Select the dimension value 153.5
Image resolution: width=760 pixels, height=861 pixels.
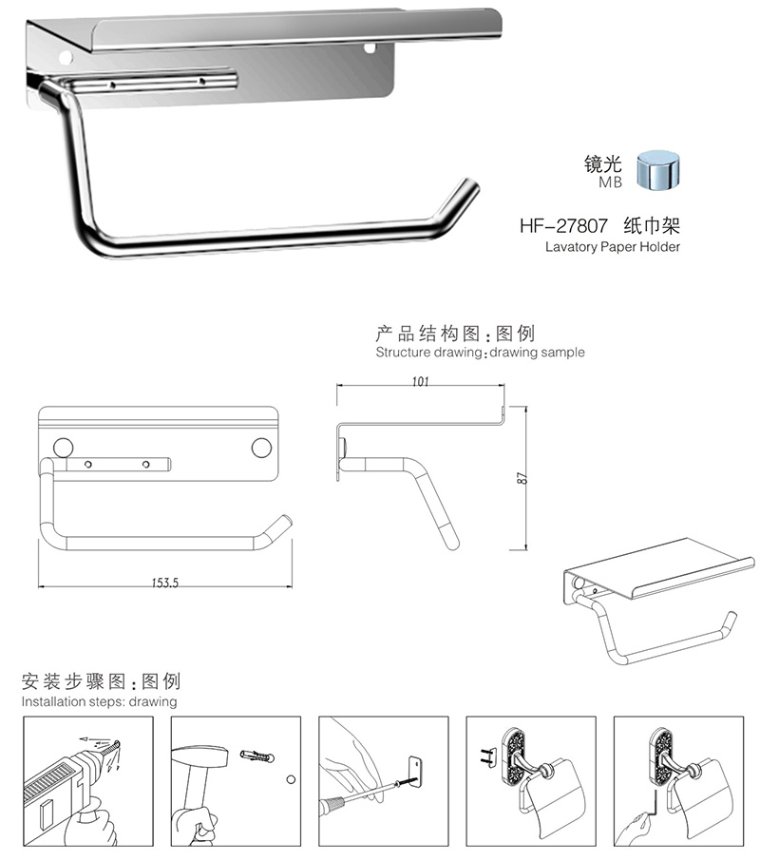[x=163, y=583]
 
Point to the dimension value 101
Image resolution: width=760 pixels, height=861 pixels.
[x=422, y=381]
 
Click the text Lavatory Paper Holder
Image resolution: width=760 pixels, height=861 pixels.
[x=613, y=246]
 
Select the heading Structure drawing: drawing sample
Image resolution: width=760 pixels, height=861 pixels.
[x=480, y=353]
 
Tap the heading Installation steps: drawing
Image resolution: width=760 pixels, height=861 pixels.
[x=100, y=702]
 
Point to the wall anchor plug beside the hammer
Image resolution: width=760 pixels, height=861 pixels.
[x=257, y=756]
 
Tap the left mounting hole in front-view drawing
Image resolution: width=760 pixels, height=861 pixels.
[x=65, y=446]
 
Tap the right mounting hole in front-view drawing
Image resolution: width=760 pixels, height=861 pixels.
[x=261, y=446]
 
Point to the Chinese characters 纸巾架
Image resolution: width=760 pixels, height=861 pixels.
[x=653, y=227]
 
